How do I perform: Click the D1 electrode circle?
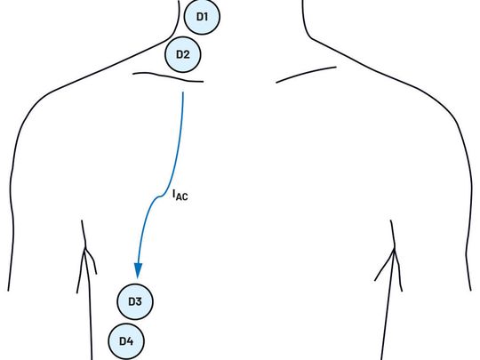tap(202, 16)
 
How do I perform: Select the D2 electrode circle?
tap(183, 54)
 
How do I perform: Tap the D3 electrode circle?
tap(135, 301)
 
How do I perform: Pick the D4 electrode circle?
tap(126, 341)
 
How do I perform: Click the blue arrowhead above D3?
tap(138, 270)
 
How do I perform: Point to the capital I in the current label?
tap(174, 194)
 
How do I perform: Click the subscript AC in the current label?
tap(182, 196)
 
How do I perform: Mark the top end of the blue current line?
tap(183, 92)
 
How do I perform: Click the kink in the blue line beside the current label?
tap(160, 196)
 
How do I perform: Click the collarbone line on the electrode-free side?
tap(306, 73)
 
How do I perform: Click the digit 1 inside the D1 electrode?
tap(206, 17)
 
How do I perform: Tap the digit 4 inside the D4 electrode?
tap(130, 341)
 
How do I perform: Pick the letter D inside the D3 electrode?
tap(132, 301)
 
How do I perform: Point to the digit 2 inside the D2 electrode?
tap(187, 54)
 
